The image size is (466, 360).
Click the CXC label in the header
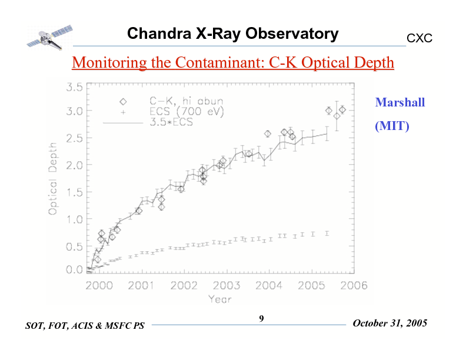[x=420, y=38]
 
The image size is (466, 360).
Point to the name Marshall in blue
[x=400, y=103]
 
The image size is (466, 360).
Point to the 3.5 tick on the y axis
[x=74, y=86]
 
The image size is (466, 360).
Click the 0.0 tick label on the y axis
[x=74, y=270]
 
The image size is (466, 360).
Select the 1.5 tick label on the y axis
[x=74, y=192]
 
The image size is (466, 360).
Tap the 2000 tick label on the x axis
[x=99, y=286]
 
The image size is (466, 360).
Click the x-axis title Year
[x=219, y=299]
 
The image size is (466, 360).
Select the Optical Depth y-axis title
[x=53, y=178]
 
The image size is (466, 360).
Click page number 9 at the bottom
[x=262, y=319]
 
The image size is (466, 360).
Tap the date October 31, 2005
[x=390, y=324]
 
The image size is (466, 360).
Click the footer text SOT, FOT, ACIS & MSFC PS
[x=85, y=325]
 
